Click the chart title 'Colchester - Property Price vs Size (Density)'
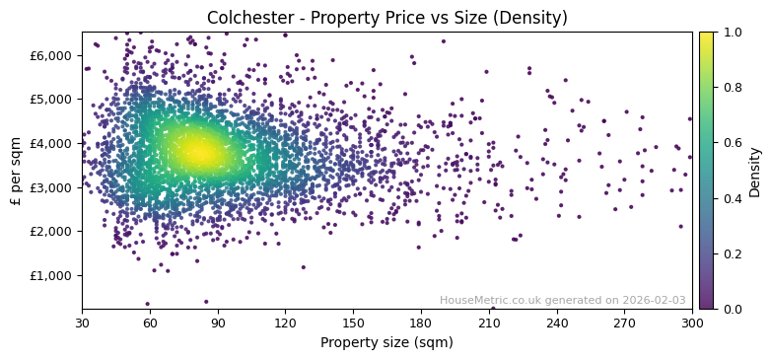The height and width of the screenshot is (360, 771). click(386, 18)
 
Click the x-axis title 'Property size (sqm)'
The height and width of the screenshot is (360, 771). click(386, 343)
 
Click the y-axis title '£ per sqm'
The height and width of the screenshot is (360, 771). click(17, 171)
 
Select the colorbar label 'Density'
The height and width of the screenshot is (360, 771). click(754, 171)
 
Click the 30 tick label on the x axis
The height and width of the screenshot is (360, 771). click(82, 323)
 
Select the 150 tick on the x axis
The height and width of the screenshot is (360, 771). click(353, 323)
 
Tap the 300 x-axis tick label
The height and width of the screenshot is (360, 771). click(692, 323)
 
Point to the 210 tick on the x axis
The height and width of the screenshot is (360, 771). click(489, 323)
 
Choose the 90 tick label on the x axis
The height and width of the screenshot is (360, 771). click(218, 323)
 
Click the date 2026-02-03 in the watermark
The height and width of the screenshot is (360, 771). click(654, 300)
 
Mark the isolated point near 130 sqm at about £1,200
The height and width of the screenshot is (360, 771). click(304, 266)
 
